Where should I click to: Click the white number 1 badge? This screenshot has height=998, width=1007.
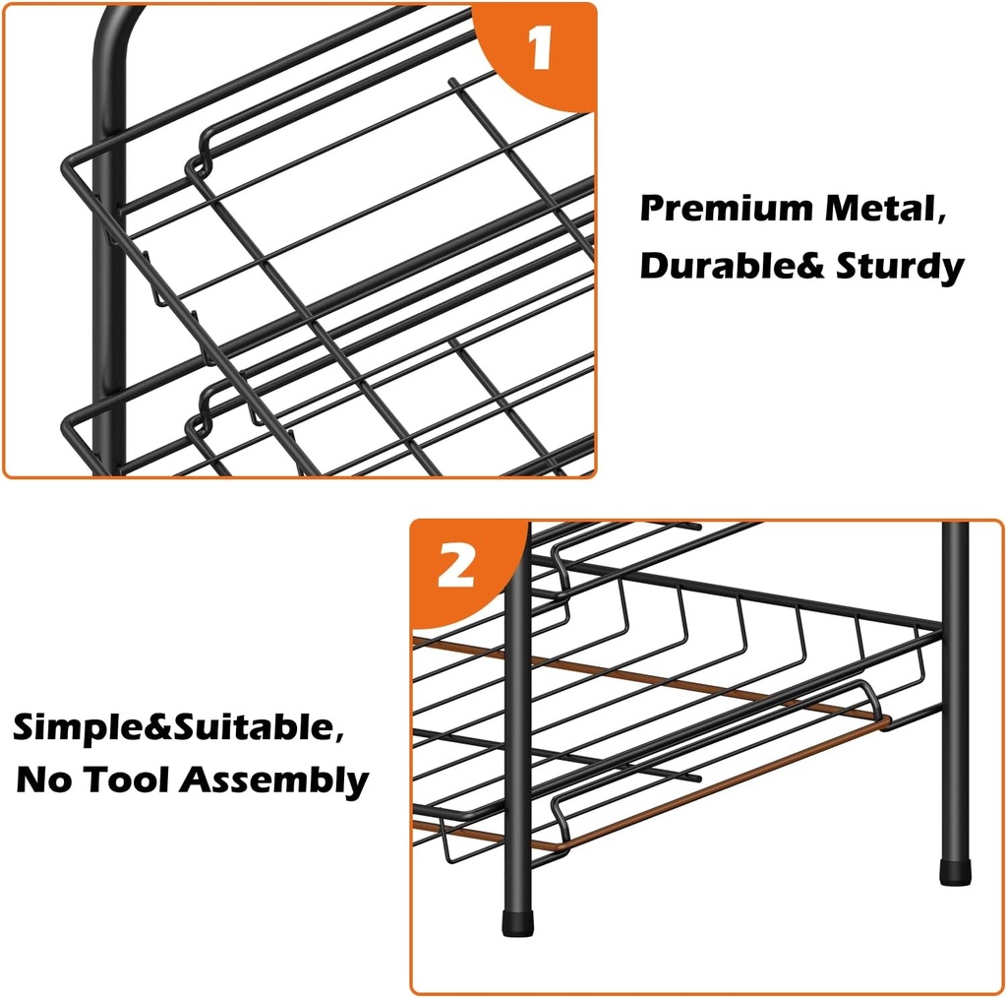click(540, 50)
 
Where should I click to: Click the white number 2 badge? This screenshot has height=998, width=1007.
click(455, 568)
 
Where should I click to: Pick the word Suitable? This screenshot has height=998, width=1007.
click(246, 729)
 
